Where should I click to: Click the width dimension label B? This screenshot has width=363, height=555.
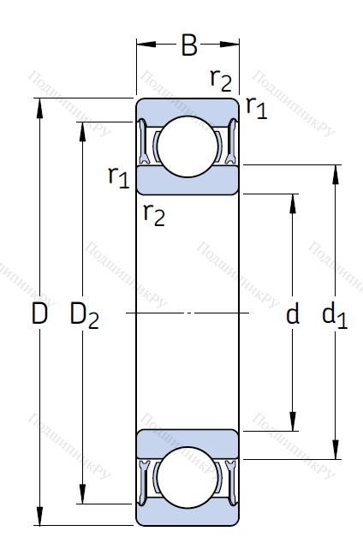(189, 45)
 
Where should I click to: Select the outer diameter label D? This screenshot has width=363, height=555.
(39, 313)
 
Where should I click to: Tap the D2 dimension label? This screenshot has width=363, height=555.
(85, 315)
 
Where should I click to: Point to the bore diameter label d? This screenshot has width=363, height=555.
(292, 313)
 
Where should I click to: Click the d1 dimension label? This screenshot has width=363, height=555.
(335, 315)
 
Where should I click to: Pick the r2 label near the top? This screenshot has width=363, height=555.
(221, 80)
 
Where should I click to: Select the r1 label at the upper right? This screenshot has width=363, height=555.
(257, 107)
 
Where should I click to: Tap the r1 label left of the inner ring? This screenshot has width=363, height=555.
(118, 176)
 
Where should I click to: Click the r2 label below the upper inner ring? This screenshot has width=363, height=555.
(154, 215)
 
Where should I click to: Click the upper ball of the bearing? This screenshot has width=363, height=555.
(187, 146)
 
